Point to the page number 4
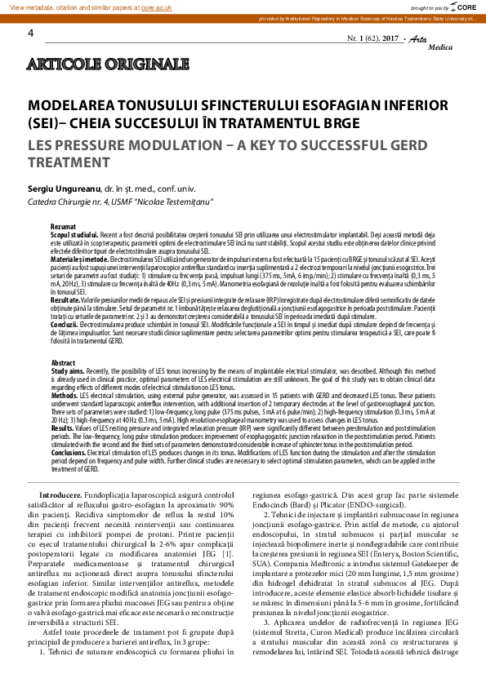click(31, 33)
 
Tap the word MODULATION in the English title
click(156, 144)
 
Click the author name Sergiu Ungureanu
click(64, 188)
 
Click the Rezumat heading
click(63, 226)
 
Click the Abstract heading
click(63, 361)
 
